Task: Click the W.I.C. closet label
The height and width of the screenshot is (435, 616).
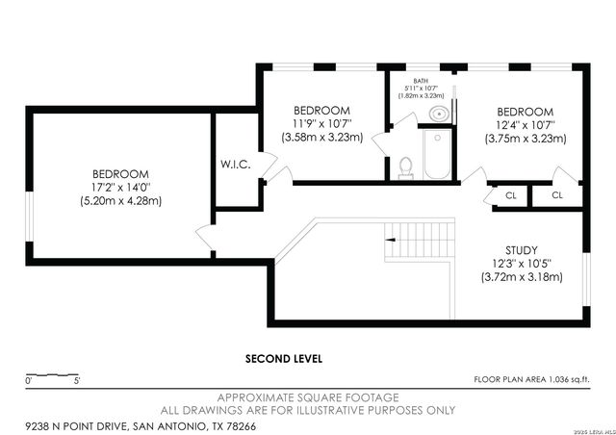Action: coord(236,165)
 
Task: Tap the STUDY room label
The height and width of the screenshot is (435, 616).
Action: coord(521,249)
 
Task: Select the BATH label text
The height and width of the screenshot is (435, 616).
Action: coord(421,81)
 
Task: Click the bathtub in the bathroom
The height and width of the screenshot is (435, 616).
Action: coord(437,156)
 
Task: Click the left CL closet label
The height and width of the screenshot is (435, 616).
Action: coord(511,194)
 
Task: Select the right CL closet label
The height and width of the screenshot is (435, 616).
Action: coord(557,194)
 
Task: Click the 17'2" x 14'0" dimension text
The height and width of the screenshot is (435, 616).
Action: coord(120,189)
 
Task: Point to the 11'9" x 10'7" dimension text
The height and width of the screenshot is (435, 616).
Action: coord(321,123)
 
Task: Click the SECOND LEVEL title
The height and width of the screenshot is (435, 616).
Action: coord(284,358)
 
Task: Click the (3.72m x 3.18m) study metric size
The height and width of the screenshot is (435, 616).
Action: coord(521,277)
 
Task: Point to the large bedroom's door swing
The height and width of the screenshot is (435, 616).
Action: coord(204,237)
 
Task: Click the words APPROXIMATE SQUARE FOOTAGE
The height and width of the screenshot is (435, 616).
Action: coord(307,397)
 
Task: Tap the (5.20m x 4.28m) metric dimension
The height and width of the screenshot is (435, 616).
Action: coord(120,202)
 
